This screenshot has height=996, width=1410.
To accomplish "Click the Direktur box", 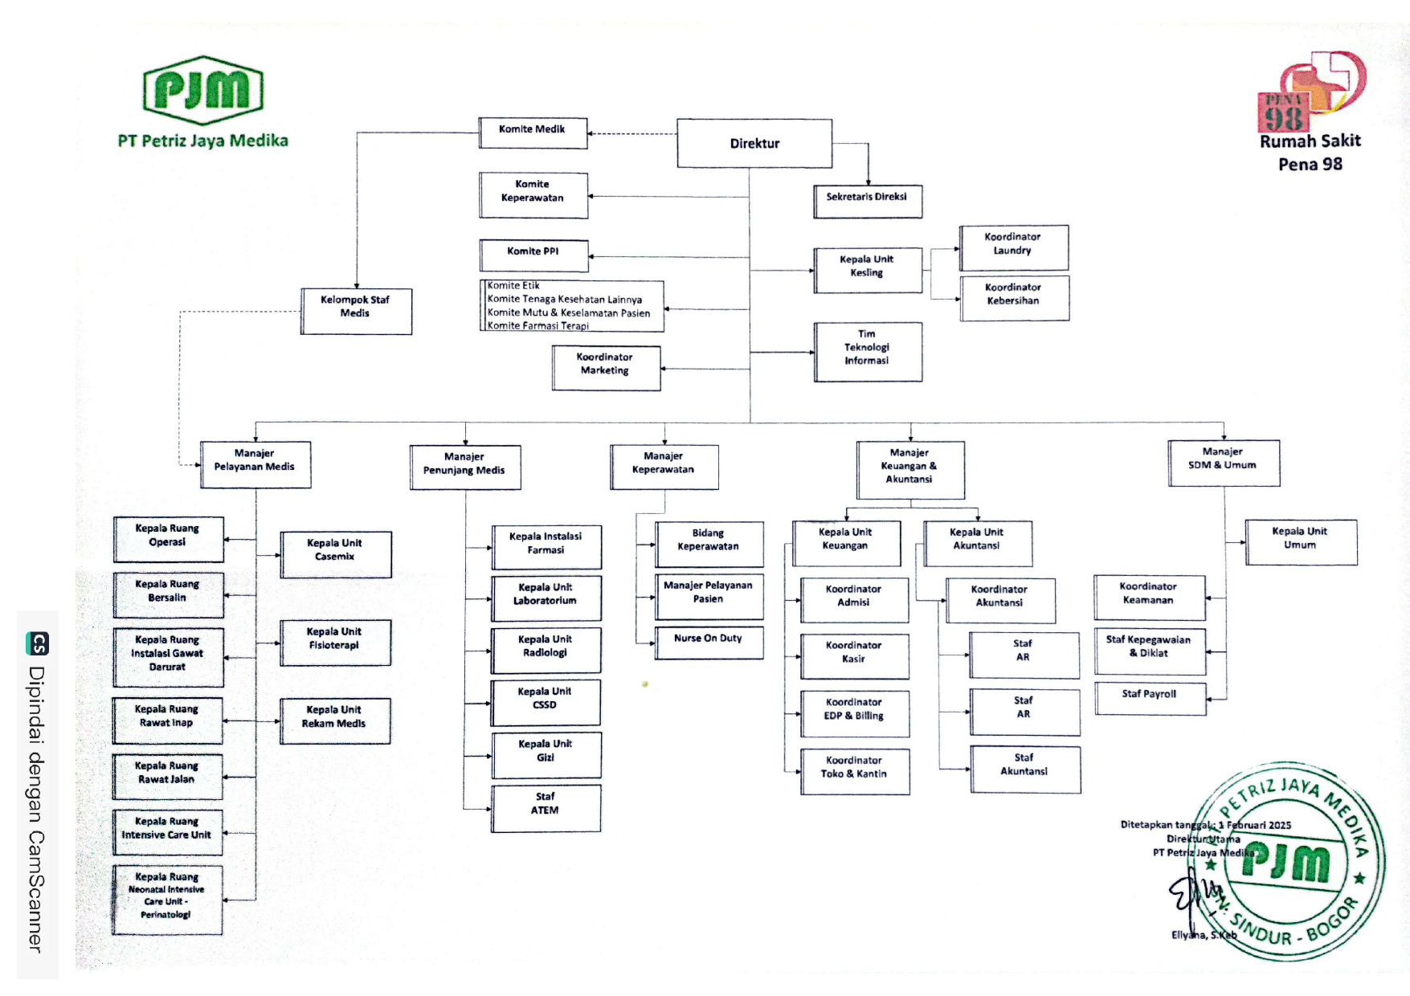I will click(754, 143).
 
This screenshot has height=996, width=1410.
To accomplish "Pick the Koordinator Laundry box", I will click(1013, 247).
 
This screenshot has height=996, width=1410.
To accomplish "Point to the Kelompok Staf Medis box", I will click(356, 310).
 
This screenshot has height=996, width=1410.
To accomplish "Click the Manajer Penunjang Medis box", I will click(464, 467).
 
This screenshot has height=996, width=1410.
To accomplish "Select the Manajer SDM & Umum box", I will click(1223, 462).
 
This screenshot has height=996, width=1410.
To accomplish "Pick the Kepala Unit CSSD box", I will click(546, 701).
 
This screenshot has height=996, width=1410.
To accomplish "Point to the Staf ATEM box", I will click(546, 806).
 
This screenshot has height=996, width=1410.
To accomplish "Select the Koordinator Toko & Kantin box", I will click(854, 770).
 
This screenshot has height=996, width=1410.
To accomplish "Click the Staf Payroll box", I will click(1150, 697).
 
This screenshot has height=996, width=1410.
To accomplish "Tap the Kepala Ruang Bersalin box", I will click(168, 594).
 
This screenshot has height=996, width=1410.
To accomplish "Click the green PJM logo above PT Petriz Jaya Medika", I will click(202, 90).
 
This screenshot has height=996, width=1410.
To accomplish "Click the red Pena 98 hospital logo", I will click(1311, 91).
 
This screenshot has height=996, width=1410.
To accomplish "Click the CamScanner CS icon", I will click(38, 643).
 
